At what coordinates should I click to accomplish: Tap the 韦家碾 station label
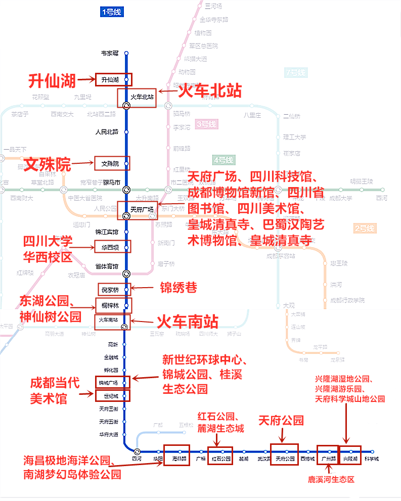click(x=110, y=53)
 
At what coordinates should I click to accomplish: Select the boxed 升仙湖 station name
click(x=109, y=79)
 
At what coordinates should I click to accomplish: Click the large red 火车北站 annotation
click(x=209, y=91)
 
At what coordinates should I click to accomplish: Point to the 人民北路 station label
click(x=107, y=132)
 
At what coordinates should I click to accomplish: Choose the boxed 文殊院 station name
click(x=110, y=164)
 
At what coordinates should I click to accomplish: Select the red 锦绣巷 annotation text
click(x=178, y=287)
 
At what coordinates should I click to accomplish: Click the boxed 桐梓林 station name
click(x=110, y=306)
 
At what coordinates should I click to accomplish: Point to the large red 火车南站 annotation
click(x=187, y=322)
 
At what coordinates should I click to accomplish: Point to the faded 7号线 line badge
click(x=295, y=72)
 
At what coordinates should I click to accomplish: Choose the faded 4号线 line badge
click(x=224, y=160)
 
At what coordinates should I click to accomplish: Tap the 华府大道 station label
click(x=109, y=434)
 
